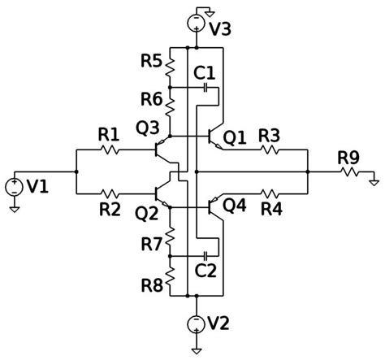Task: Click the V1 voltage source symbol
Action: pyautogui.click(x=15, y=187)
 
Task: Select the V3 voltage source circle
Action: pyautogui.click(x=196, y=23)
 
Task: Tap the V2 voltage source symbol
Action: pyautogui.click(x=196, y=323)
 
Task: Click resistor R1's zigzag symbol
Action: pyautogui.click(x=110, y=150)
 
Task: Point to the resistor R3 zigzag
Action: pyautogui.click(x=270, y=150)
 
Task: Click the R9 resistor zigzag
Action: pyautogui.click(x=349, y=172)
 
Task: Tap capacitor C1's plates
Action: pyautogui.click(x=206, y=87)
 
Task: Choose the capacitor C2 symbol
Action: pyautogui.click(x=206, y=254)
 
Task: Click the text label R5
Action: pyautogui.click(x=150, y=60)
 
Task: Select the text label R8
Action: pyautogui.click(x=150, y=285)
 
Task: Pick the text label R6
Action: pyautogui.click(x=150, y=98)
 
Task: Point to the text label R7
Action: pyautogui.click(x=150, y=243)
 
